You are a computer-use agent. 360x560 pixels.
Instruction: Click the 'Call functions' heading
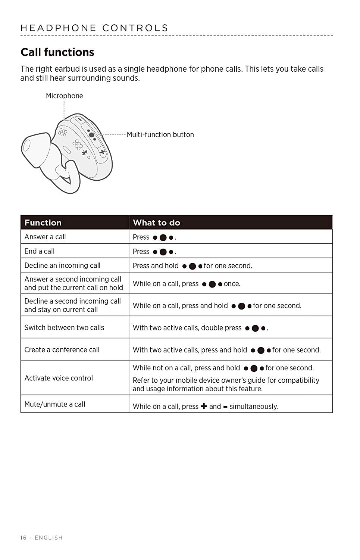tap(57, 52)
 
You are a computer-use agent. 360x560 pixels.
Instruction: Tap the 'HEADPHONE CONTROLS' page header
tap(94, 28)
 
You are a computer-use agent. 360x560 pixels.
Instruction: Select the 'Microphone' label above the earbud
tap(64, 96)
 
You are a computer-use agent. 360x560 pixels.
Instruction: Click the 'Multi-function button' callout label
tap(160, 135)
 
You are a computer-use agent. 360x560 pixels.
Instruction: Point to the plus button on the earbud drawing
tap(103, 152)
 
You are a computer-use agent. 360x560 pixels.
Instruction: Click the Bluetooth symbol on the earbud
tap(85, 153)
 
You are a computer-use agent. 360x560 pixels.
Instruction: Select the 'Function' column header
tap(43, 223)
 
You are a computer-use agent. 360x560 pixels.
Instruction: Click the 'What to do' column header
tap(156, 223)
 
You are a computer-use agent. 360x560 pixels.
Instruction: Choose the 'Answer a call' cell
tap(45, 237)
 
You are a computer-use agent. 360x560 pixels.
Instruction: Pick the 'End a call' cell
tap(40, 251)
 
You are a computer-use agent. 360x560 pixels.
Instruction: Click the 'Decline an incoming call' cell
tap(62, 265)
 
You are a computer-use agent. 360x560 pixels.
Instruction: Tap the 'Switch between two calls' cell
tap(64, 327)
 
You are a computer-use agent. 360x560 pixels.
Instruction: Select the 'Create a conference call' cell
tap(62, 350)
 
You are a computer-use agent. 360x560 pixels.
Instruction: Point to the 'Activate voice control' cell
tap(59, 378)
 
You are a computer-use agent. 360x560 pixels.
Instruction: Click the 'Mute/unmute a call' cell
tap(55, 404)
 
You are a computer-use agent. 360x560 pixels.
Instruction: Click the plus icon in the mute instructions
tap(204, 406)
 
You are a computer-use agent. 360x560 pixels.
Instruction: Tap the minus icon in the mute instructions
tap(225, 407)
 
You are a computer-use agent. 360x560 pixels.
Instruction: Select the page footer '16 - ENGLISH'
tap(41, 538)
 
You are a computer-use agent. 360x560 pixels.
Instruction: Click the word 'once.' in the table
tap(232, 284)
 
